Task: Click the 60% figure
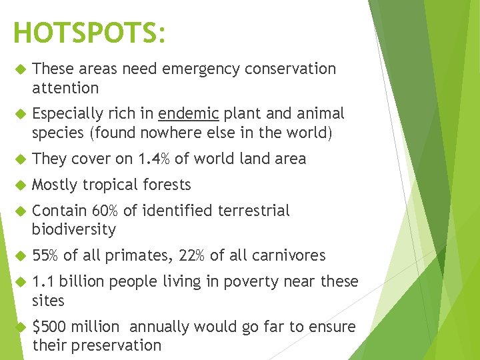(105, 211)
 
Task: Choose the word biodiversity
(74, 230)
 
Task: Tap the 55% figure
(45, 255)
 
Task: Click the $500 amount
(47, 327)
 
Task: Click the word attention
(65, 88)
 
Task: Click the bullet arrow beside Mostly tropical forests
(19, 185)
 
